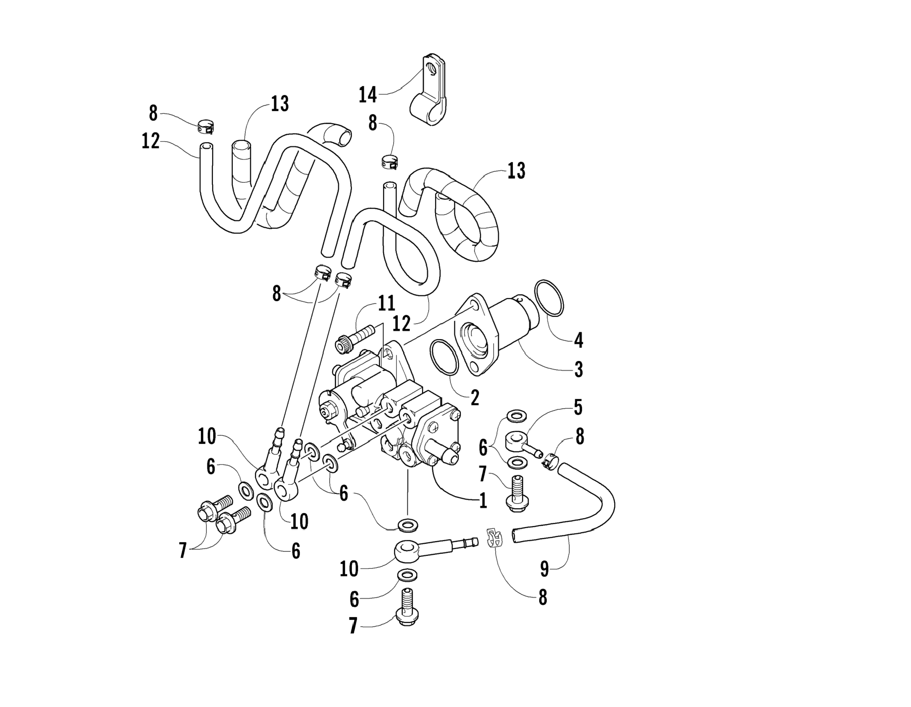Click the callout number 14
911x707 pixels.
368,95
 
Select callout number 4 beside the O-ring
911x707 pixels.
578,340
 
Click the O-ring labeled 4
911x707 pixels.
549,298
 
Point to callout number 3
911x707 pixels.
578,369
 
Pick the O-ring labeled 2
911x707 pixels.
444,357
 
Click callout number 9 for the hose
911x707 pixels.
544,569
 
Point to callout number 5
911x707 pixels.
578,407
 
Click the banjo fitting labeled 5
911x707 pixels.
519,443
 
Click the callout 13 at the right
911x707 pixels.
516,171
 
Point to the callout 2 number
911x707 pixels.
475,398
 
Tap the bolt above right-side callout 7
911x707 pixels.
517,496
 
